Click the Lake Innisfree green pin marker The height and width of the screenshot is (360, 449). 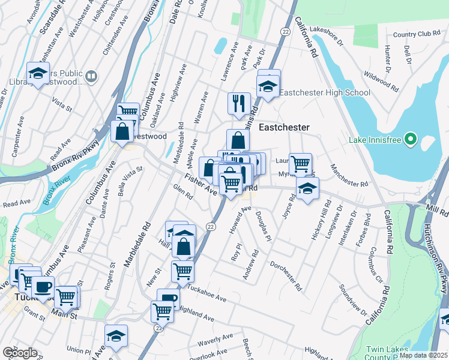pos(411,140)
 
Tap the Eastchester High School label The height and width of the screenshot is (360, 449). pos(325,92)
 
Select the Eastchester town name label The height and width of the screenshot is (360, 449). pos(284,127)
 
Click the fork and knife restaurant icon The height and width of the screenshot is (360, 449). pos(239,103)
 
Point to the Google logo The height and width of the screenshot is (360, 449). pos(19,352)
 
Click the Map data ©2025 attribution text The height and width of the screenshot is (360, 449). pos(423,355)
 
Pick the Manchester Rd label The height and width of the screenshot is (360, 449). pos(348,176)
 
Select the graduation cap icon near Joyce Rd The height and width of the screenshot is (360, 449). pos(307,189)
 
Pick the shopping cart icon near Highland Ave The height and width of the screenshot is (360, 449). pos(162,311)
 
